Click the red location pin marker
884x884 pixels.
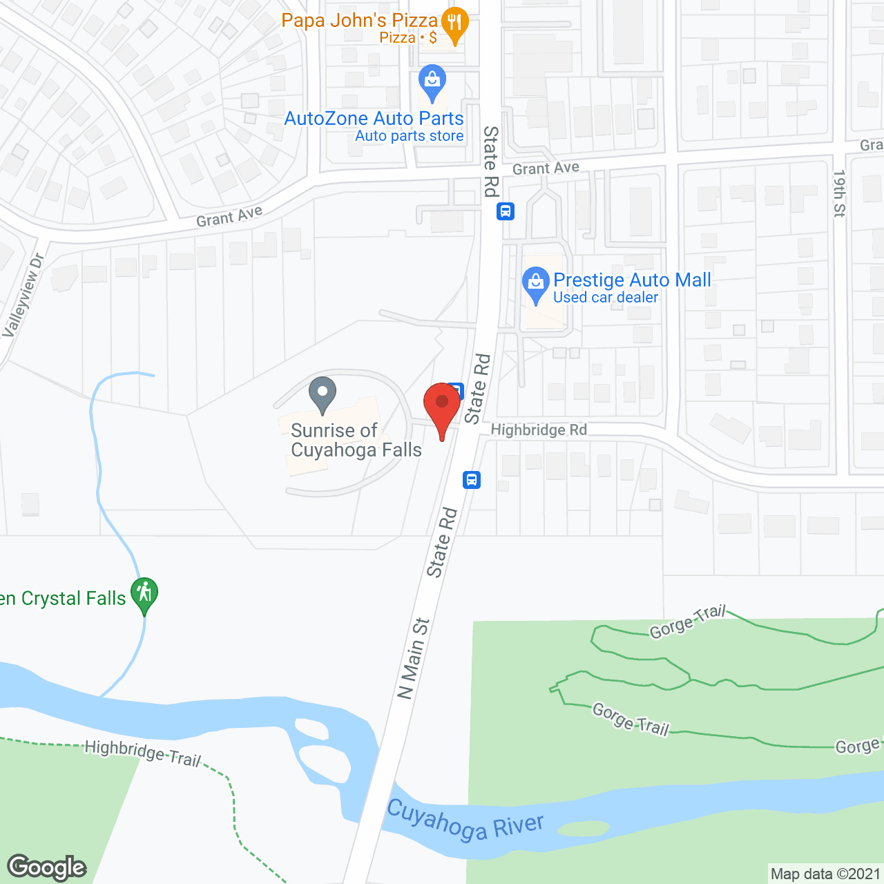[x=442, y=405]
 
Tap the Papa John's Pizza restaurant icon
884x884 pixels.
[x=454, y=25]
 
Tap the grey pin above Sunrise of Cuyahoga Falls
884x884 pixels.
[x=322, y=394]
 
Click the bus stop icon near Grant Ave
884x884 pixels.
[x=506, y=211]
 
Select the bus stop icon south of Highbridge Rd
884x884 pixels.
[x=472, y=479]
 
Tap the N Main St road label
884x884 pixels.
[x=414, y=659]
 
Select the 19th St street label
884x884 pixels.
[x=839, y=194]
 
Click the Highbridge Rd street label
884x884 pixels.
[x=539, y=430]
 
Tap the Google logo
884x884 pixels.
[x=47, y=867]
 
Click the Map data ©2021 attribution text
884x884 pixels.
[x=825, y=874]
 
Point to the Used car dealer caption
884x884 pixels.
[x=606, y=298]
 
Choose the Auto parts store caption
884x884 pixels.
[x=409, y=136]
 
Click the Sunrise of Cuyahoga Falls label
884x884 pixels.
[x=356, y=441]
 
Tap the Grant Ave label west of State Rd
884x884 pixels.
[x=229, y=216]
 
